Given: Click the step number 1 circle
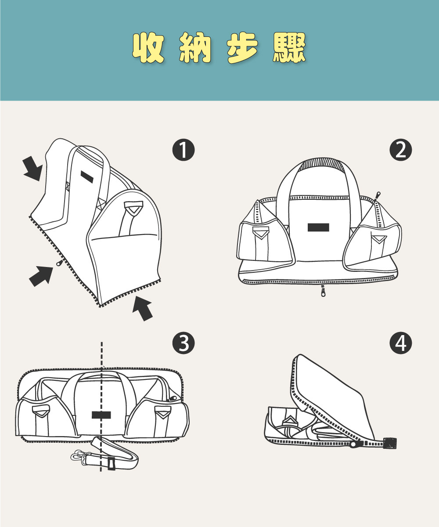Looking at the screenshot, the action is point(183,151).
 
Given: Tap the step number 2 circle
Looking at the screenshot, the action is point(400,151).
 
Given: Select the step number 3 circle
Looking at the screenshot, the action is point(184,343).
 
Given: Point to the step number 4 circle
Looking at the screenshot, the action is point(400,343).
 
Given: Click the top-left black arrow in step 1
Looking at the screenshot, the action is point(33,169).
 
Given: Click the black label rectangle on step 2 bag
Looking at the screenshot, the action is point(318,227).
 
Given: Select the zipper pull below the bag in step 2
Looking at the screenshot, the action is point(323,291).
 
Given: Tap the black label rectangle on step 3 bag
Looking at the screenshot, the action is point(101,415).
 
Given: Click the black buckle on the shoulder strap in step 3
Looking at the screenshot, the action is point(111,463).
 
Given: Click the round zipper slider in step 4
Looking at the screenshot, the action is point(353,444).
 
